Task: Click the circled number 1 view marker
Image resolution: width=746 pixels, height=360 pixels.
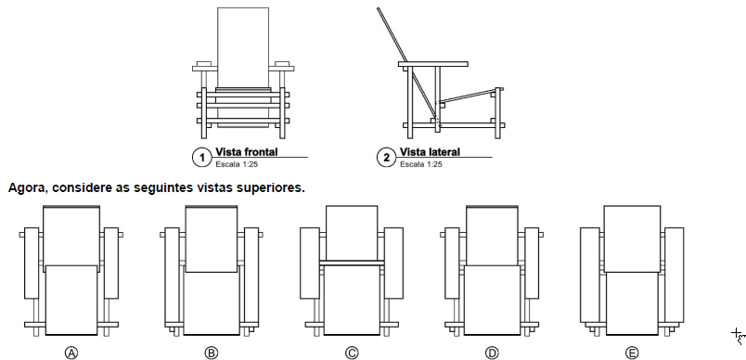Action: (x=201, y=158)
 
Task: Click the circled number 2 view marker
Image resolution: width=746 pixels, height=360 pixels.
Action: (x=386, y=158)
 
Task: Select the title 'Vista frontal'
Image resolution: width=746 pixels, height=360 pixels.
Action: (x=247, y=152)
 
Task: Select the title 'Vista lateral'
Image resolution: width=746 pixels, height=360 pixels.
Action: (x=430, y=152)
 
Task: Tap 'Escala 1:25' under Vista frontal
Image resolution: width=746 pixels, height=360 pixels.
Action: (x=237, y=164)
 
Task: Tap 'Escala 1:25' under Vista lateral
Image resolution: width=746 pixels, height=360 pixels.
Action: (x=420, y=164)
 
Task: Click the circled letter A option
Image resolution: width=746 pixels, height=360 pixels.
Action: (x=71, y=353)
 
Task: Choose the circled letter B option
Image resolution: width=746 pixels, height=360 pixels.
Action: (x=212, y=353)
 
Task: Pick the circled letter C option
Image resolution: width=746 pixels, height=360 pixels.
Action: (x=352, y=353)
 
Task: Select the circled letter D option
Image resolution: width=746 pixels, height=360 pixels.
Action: (x=492, y=353)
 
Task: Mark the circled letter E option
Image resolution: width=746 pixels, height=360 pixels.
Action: (x=632, y=353)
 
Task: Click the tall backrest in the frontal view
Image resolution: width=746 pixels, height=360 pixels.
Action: (x=243, y=47)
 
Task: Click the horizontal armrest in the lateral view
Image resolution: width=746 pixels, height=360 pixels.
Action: (x=433, y=64)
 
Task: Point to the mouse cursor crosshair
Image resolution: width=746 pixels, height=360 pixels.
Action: (x=737, y=333)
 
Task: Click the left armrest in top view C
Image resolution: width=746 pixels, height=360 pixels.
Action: (x=310, y=263)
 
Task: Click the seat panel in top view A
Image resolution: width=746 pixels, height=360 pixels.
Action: (x=71, y=300)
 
